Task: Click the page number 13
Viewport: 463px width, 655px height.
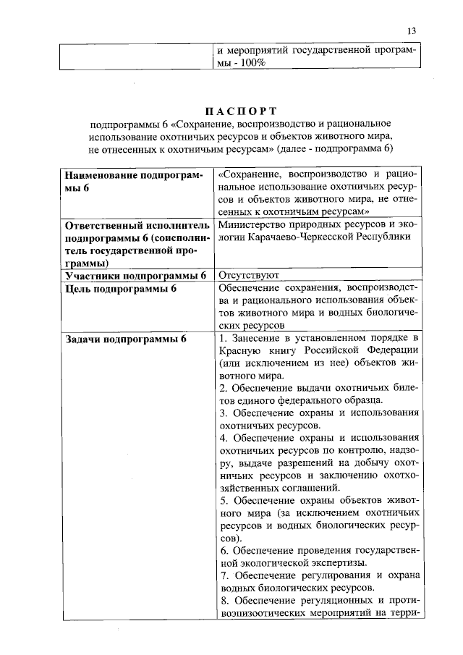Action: [x=412, y=31]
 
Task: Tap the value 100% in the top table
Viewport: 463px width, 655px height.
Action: [x=253, y=64]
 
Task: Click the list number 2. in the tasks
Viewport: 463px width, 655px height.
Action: [x=223, y=389]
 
